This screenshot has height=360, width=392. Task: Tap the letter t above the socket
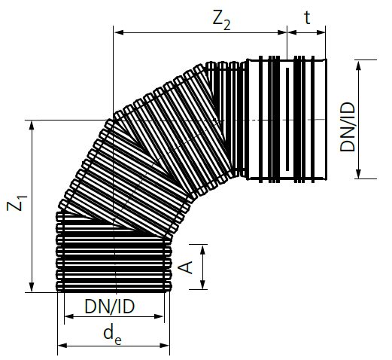307,16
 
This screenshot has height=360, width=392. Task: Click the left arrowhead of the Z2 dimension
118,32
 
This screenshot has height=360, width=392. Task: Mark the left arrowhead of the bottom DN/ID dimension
68,318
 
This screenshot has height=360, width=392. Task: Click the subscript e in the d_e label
118,338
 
